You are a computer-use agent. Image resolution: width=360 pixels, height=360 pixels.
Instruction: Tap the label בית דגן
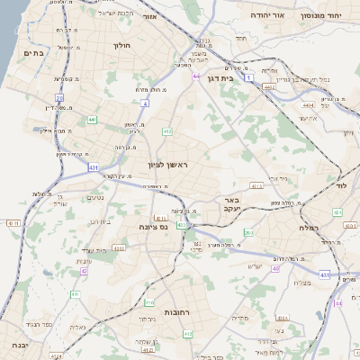pos(246,78)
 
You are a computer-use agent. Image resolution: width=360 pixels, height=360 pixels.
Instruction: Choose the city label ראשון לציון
pos(168,165)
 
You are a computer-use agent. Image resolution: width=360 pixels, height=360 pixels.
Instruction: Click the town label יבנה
pos(13,345)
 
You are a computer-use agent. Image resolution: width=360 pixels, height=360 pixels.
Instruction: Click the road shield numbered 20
pos(59,96)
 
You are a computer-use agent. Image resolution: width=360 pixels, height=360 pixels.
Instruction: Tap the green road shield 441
pos(93,119)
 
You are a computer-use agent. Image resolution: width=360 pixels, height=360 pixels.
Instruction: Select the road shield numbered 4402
pos(268,87)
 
